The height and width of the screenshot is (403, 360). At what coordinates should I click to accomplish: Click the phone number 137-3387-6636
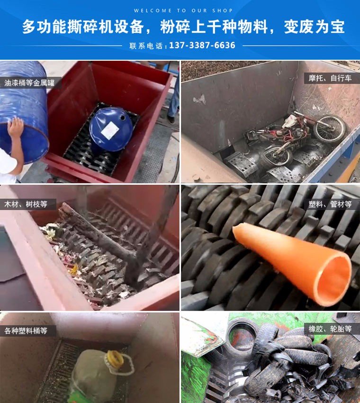(x=202, y=46)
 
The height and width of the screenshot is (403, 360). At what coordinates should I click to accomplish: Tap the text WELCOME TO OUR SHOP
(x=183, y=10)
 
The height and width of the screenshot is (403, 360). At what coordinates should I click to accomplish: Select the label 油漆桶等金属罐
(x=29, y=83)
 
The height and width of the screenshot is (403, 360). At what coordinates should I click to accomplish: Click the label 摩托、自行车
(x=330, y=78)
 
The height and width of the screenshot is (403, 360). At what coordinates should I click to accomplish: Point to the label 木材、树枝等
(x=26, y=204)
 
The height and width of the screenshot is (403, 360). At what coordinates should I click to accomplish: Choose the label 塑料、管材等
(x=330, y=204)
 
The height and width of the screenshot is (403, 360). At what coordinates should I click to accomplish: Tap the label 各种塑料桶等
(x=26, y=330)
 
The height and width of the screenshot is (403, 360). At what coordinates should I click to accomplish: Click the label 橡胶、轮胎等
(x=330, y=329)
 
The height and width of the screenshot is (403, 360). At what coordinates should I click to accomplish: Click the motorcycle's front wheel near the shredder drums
(x=278, y=156)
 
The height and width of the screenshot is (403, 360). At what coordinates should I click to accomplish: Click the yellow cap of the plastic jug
(x=115, y=357)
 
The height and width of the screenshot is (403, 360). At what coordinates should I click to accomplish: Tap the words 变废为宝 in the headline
(x=314, y=27)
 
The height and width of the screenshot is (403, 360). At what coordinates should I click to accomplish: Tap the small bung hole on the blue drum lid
(x=122, y=118)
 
